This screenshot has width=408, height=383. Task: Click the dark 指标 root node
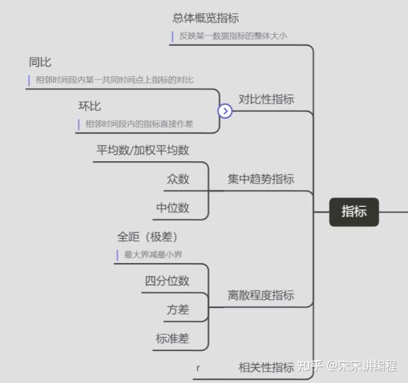pyautogui.click(x=354, y=211)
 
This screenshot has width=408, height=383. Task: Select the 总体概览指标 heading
pyautogui.click(x=205, y=18)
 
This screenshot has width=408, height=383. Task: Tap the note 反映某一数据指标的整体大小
pyautogui.click(x=233, y=36)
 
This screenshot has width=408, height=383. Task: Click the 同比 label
pyautogui.click(x=40, y=62)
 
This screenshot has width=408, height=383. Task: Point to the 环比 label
pyautogui.click(x=90, y=106)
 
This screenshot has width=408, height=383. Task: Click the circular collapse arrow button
pyautogui.click(x=225, y=111)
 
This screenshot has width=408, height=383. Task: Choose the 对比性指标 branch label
pyautogui.click(x=266, y=99)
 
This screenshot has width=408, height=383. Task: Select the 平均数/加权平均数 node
pyautogui.click(x=143, y=150)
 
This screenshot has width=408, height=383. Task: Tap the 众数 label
pyautogui.click(x=178, y=179)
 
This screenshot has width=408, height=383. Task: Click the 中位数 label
pyautogui.click(x=173, y=207)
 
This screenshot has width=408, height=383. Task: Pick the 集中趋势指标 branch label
pyautogui.click(x=261, y=179)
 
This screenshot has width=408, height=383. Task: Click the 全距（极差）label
pyautogui.click(x=147, y=237)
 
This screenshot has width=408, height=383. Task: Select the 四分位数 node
pyautogui.click(x=167, y=281)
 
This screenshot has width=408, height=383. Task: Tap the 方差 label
pyautogui.click(x=178, y=309)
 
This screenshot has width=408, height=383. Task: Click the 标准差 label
pyautogui.click(x=173, y=338)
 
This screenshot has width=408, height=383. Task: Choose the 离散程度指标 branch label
pyautogui.click(x=261, y=295)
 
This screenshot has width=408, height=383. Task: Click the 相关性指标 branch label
pyautogui.click(x=266, y=367)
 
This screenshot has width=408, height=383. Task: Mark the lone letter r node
pyautogui.click(x=198, y=368)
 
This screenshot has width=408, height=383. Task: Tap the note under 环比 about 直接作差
pyautogui.click(x=139, y=123)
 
